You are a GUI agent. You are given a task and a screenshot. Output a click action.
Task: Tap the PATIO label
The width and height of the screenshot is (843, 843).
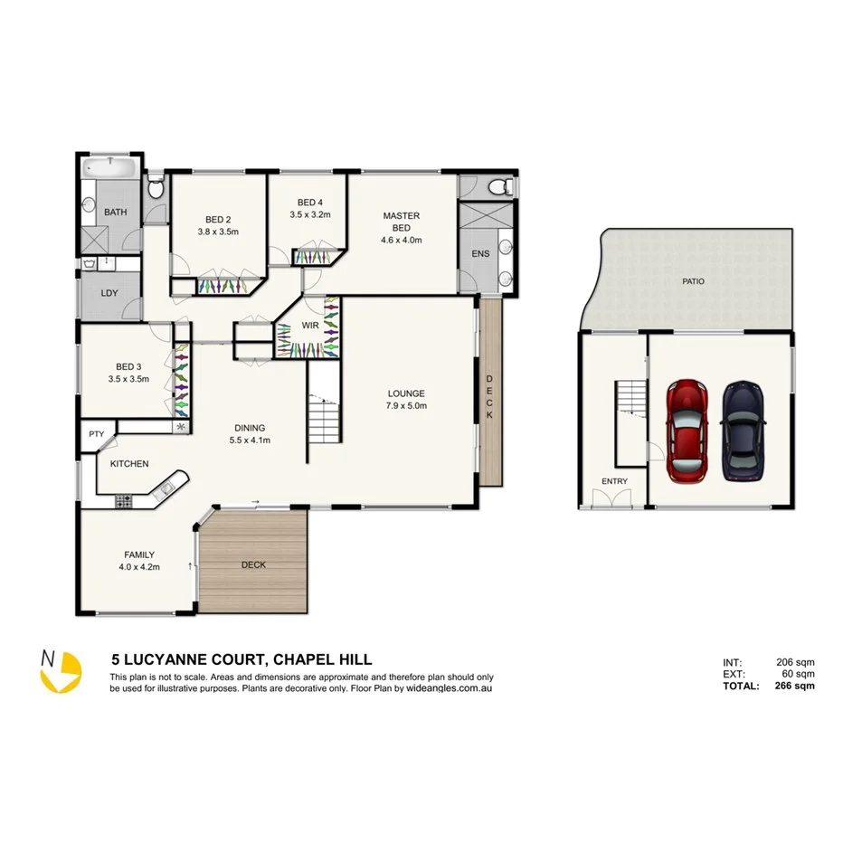(x=693, y=281)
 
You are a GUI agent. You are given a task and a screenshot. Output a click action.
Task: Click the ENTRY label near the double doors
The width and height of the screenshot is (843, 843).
(x=614, y=481)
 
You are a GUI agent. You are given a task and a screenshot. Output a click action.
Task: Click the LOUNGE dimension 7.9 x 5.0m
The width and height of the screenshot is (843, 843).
(x=406, y=406)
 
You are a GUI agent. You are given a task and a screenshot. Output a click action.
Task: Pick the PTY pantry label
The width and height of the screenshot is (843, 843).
(x=97, y=434)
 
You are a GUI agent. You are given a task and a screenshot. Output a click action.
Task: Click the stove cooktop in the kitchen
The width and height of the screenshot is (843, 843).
(x=122, y=499)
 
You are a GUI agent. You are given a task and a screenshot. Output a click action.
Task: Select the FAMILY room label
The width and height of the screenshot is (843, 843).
(x=139, y=554)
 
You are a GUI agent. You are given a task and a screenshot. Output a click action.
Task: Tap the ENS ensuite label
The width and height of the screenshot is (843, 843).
(x=480, y=254)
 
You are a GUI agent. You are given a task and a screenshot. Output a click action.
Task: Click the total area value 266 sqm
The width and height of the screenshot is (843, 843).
(x=796, y=686)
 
